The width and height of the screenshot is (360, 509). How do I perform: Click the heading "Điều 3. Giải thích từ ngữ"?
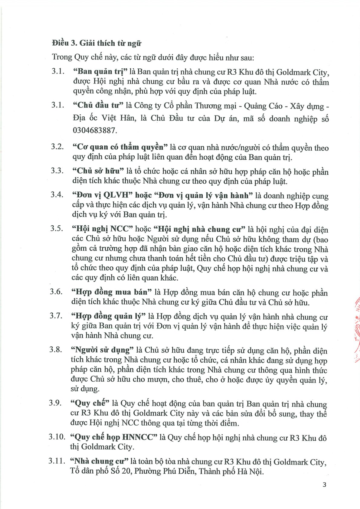[x=97, y=43]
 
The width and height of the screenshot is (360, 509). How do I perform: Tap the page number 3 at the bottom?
[x=324, y=485]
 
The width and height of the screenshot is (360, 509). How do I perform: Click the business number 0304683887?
[x=95, y=130]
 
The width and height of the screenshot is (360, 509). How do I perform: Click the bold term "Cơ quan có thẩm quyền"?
[x=120, y=147]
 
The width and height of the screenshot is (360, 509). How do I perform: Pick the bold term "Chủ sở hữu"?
[x=98, y=171]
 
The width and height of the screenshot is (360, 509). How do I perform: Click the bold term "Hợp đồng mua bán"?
[x=111, y=292]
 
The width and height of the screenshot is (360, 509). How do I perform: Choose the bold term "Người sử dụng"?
[x=102, y=350]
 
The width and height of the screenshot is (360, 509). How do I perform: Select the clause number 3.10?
[x=57, y=437]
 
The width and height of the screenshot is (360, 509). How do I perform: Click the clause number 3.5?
[x=57, y=228]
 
